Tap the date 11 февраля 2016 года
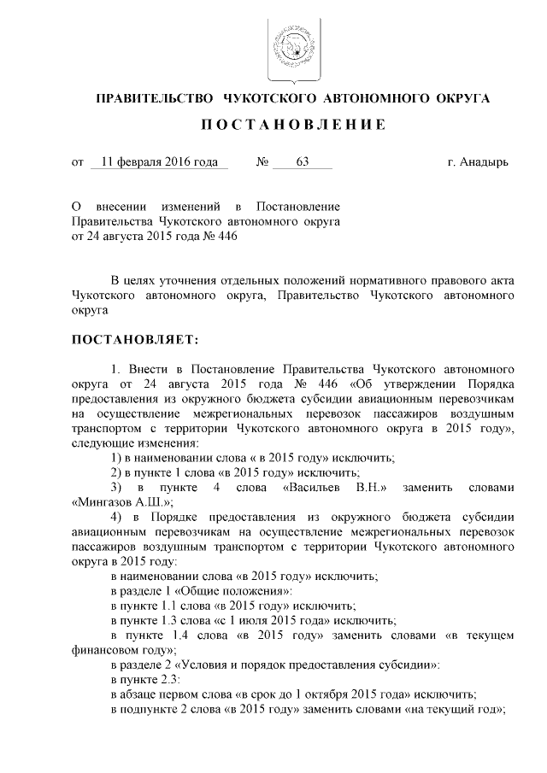(159, 161)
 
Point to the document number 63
(301, 161)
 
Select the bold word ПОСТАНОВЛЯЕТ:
(134, 340)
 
